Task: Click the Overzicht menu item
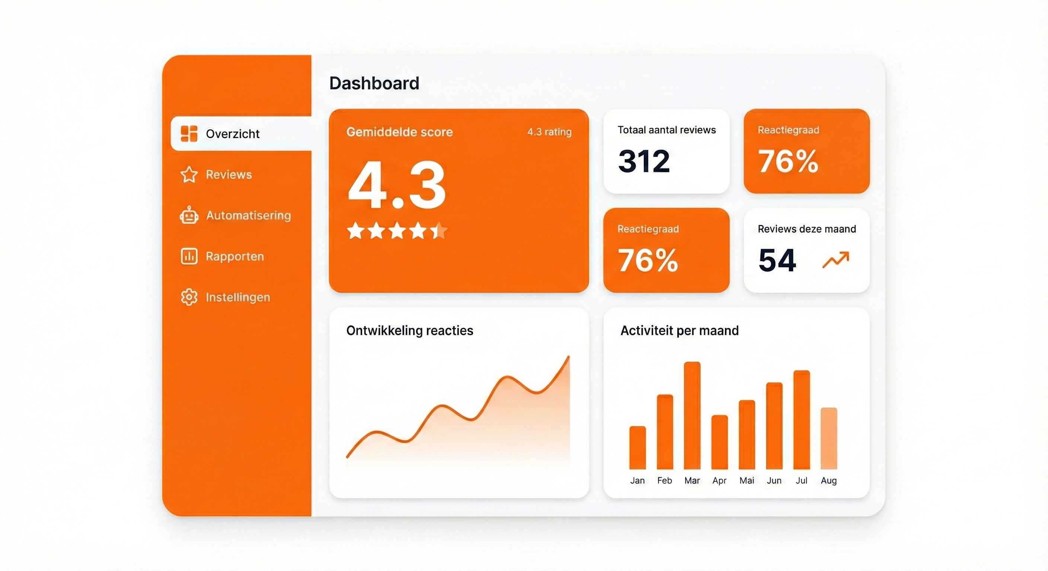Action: pyautogui.click(x=232, y=134)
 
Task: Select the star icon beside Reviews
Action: pyautogui.click(x=189, y=175)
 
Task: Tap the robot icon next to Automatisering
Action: pyautogui.click(x=189, y=215)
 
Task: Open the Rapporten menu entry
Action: pyautogui.click(x=234, y=257)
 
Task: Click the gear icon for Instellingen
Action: pyautogui.click(x=189, y=297)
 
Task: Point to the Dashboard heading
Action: pyautogui.click(x=374, y=83)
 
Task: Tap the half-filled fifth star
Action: pyautogui.click(x=439, y=231)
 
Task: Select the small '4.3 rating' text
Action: pyautogui.click(x=549, y=132)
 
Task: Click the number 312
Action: pyautogui.click(x=643, y=161)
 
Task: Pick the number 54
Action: pyautogui.click(x=777, y=260)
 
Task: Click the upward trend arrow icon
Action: pyautogui.click(x=835, y=260)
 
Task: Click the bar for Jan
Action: pyautogui.click(x=638, y=448)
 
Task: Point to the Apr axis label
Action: pyautogui.click(x=719, y=481)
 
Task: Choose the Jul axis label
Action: pyautogui.click(x=802, y=481)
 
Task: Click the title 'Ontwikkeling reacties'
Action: pyautogui.click(x=410, y=331)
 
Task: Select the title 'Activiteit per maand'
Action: pyautogui.click(x=680, y=331)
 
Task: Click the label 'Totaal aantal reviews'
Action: pyautogui.click(x=667, y=130)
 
